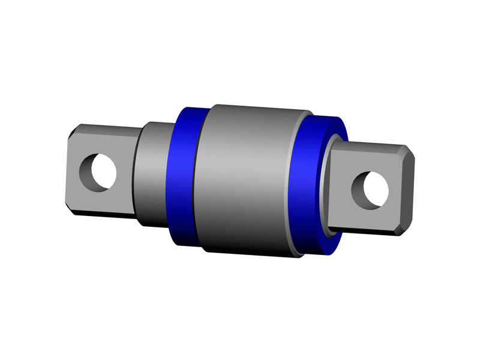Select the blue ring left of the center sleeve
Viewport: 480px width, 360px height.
(x=184, y=174)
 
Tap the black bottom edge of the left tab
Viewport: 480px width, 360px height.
(x=102, y=215)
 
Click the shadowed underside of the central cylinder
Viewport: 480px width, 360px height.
(x=249, y=246)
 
